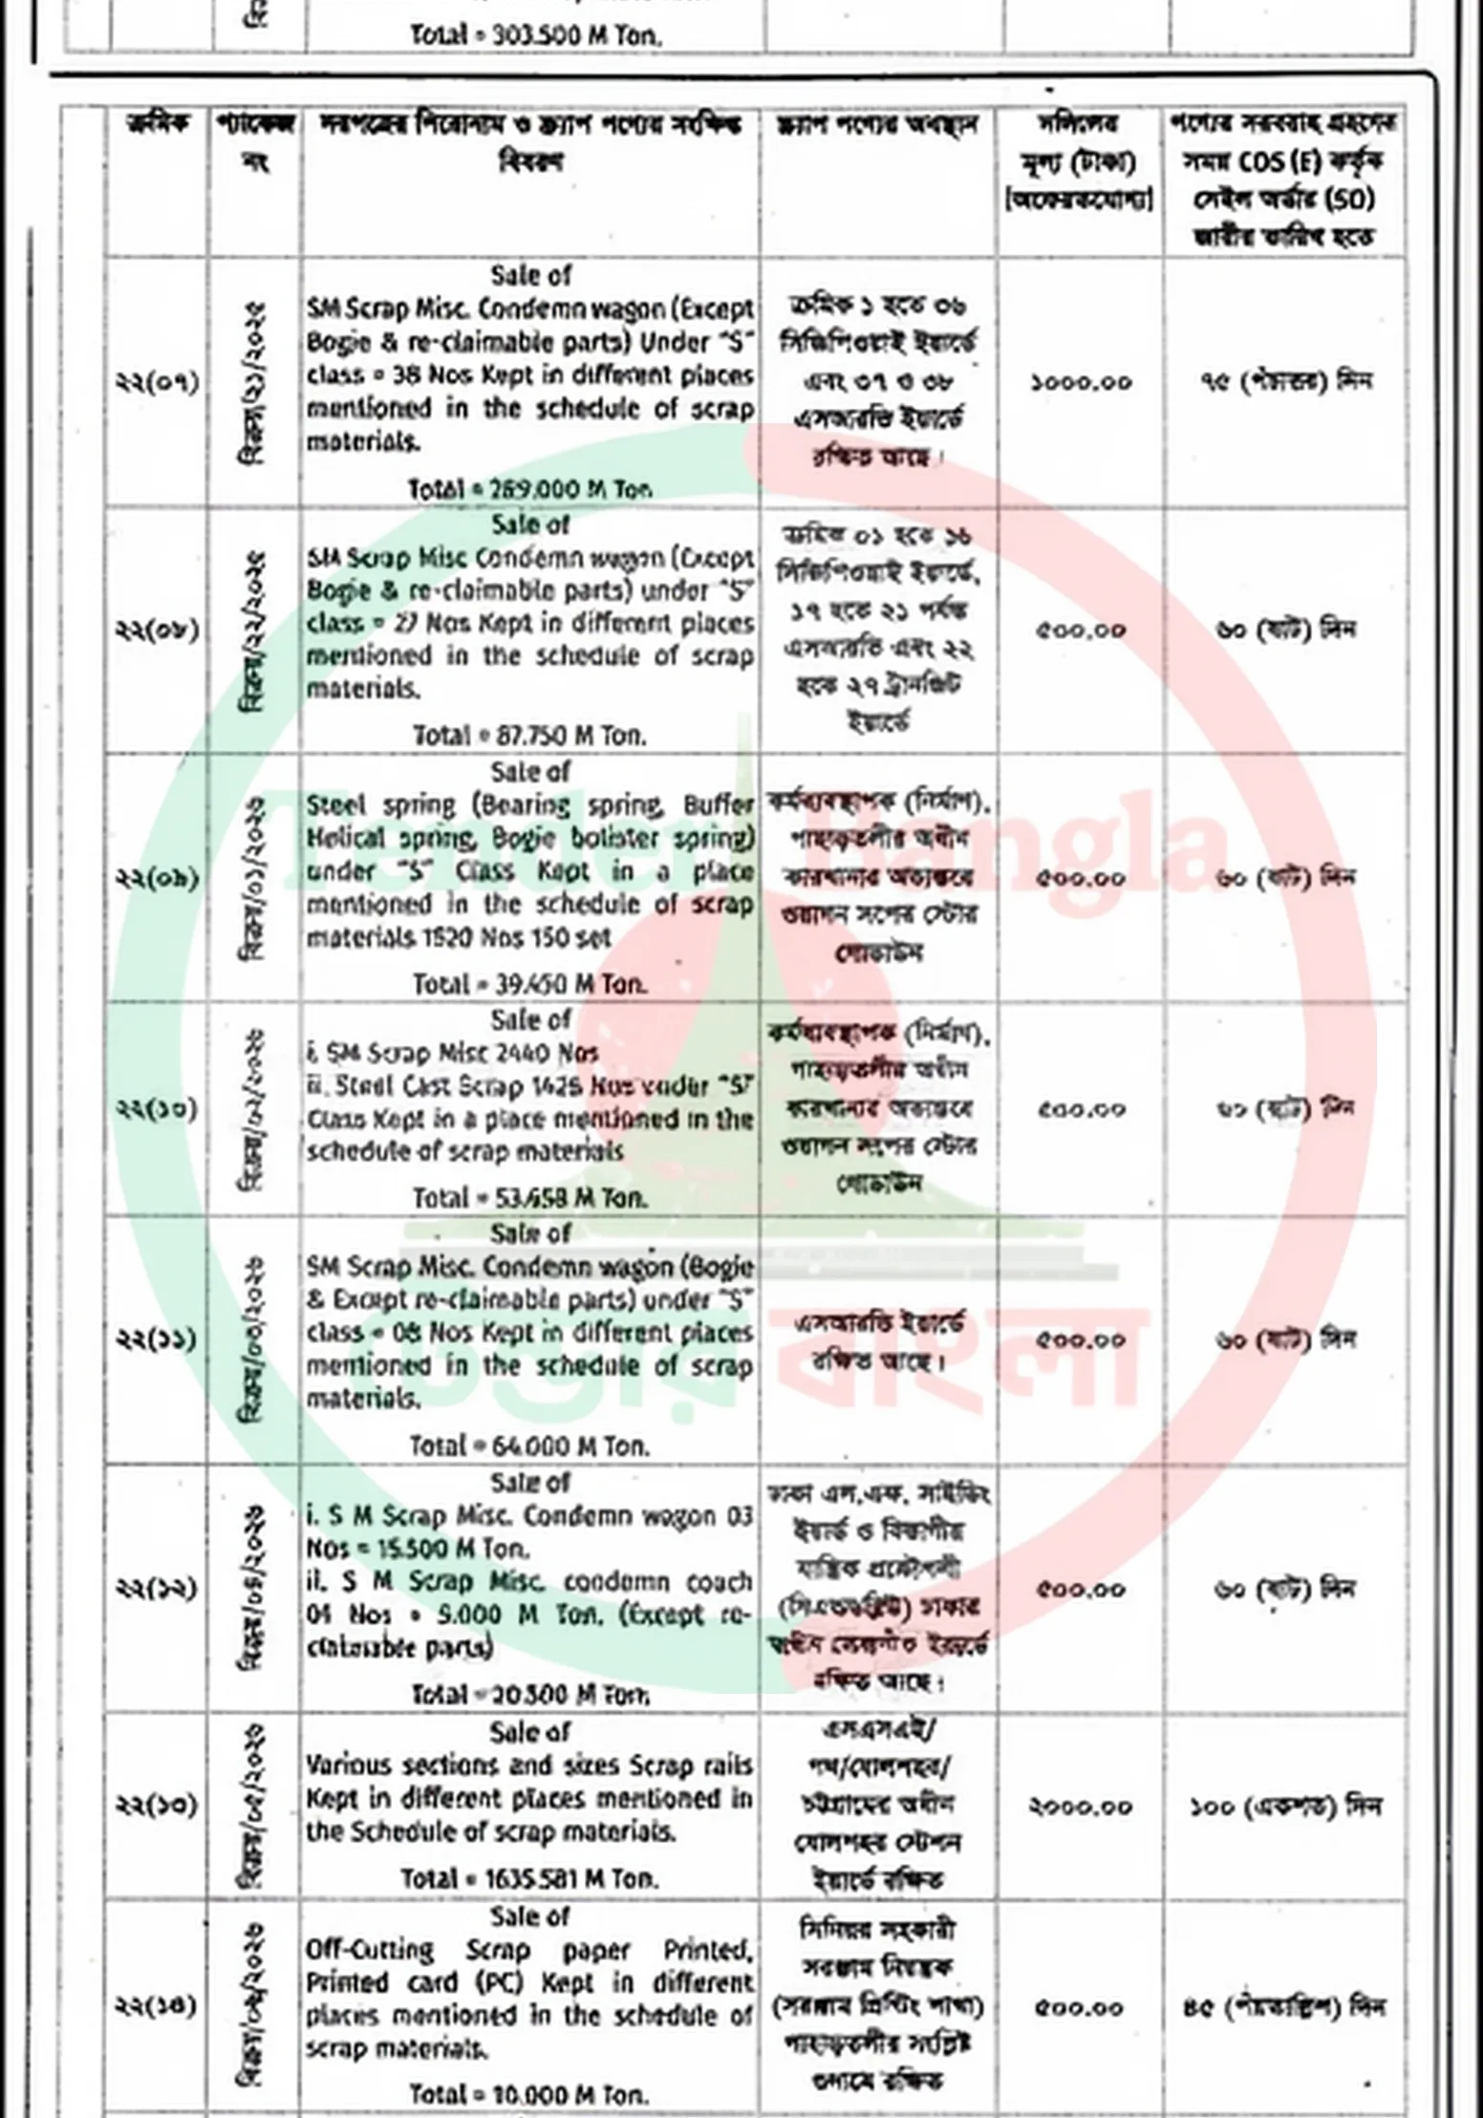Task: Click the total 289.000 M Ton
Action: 531,489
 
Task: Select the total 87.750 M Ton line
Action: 529,736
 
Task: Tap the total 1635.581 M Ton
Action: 530,1878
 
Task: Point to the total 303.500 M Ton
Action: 535,35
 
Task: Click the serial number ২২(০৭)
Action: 158,382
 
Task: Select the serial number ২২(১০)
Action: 158,1108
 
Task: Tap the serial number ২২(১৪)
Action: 158,2005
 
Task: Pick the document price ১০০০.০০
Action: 1081,382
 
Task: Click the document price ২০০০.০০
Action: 1081,1806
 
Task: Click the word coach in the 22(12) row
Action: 720,1582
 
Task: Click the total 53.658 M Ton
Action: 529,1197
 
